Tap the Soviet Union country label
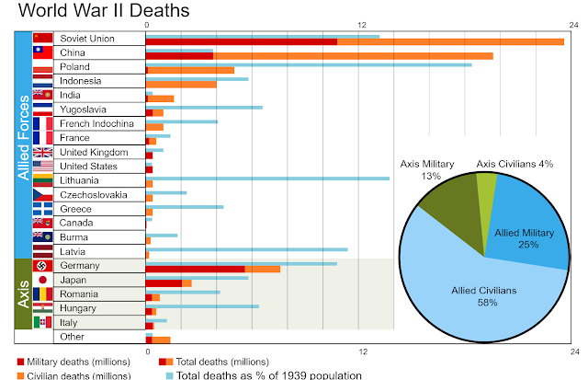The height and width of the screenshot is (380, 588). (x=87, y=40)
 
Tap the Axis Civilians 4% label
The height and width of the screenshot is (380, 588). (x=514, y=164)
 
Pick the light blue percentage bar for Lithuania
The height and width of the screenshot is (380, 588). (x=267, y=178)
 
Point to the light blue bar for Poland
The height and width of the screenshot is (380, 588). (x=309, y=64)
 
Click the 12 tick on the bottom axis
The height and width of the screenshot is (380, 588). (x=362, y=351)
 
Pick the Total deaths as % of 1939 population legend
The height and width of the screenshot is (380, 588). (x=268, y=374)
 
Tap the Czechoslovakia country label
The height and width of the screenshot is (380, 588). (x=94, y=195)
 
